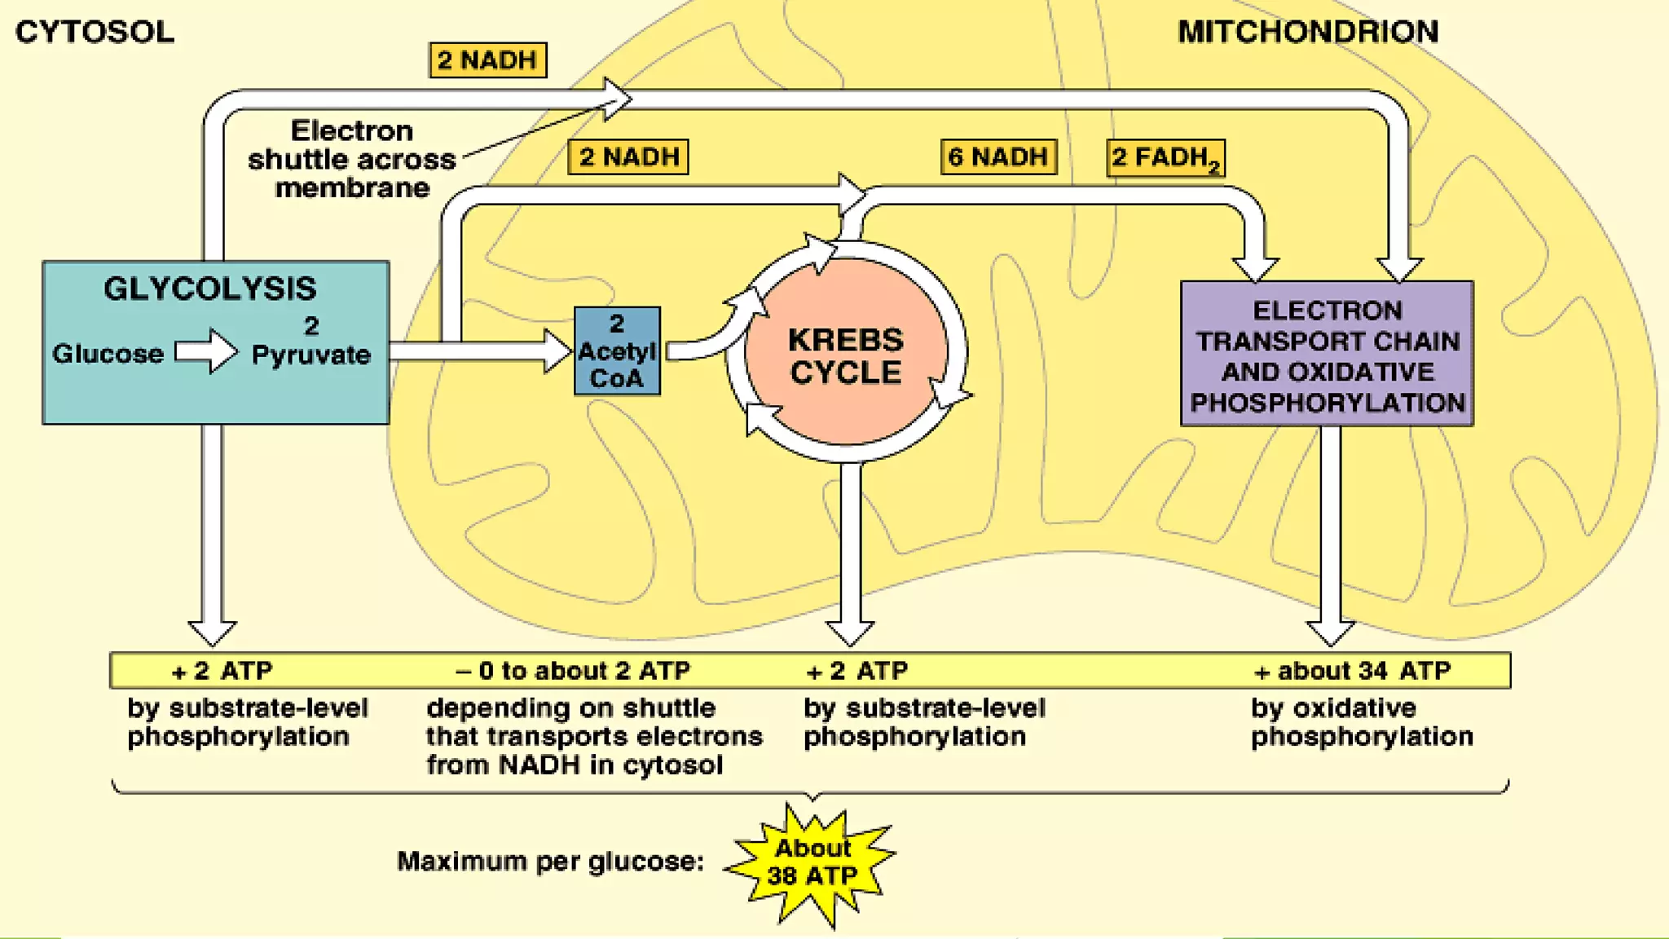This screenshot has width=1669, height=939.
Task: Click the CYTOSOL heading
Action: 95,32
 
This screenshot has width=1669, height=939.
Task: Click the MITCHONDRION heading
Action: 1308,32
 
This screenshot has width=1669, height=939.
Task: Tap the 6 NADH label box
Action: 997,156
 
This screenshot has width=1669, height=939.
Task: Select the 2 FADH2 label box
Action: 1165,158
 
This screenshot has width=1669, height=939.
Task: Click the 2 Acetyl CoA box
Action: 617,351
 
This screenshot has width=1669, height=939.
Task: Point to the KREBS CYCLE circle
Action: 846,355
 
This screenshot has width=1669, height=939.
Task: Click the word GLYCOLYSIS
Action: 209,289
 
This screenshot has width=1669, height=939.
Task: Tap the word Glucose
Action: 108,354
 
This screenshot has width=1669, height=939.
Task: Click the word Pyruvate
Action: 310,355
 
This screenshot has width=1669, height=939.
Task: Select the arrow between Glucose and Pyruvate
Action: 206,351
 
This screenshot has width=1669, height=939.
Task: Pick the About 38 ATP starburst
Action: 812,862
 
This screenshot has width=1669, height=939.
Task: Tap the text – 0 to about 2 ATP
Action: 573,671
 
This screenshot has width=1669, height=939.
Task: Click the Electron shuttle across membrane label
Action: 351,159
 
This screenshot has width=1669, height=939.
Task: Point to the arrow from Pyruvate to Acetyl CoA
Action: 481,351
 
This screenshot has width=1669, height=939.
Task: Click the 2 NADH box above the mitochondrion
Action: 487,60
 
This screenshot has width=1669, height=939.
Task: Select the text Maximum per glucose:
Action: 550,862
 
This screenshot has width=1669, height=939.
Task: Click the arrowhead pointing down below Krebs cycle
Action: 850,632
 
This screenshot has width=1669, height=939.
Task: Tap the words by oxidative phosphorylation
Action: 1361,722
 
